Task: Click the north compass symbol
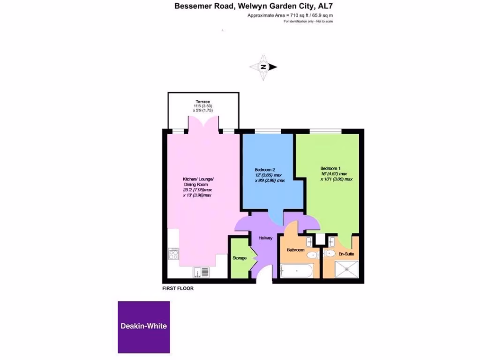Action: point(263,67)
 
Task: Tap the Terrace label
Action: point(203,102)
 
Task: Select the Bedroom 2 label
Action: point(265,169)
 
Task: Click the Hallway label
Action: point(265,238)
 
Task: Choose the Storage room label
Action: point(240,258)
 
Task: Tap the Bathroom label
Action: point(296,250)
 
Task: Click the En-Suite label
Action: point(346,254)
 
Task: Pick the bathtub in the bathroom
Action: point(296,271)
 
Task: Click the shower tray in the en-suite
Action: point(347,270)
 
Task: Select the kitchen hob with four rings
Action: point(173,255)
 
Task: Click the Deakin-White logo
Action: point(143,327)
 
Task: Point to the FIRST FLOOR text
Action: point(178,289)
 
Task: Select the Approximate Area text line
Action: point(290,15)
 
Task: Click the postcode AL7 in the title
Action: point(327,6)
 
